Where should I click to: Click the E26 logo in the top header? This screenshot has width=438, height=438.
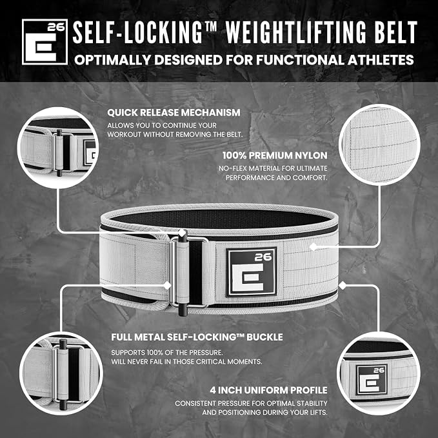45,42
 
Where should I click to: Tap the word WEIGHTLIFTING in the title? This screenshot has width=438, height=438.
293,32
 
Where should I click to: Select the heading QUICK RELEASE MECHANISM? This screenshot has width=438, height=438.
174,113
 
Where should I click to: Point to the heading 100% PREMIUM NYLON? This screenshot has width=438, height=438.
275,155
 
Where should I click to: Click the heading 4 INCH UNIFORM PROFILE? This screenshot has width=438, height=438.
268,390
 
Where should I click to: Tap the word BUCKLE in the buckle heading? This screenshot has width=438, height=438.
264,337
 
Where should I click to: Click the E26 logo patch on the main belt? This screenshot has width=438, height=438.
252,272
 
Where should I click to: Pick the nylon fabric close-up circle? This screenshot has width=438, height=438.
379,144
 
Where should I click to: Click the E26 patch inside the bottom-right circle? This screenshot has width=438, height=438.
372,379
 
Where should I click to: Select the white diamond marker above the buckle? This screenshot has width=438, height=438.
182,233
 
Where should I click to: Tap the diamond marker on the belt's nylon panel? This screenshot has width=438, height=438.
313,246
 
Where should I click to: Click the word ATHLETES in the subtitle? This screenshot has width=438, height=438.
381,60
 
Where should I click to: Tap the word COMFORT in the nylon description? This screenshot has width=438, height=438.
310,177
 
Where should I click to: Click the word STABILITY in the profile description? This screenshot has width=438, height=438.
310,403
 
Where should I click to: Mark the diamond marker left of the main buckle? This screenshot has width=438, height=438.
167,286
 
